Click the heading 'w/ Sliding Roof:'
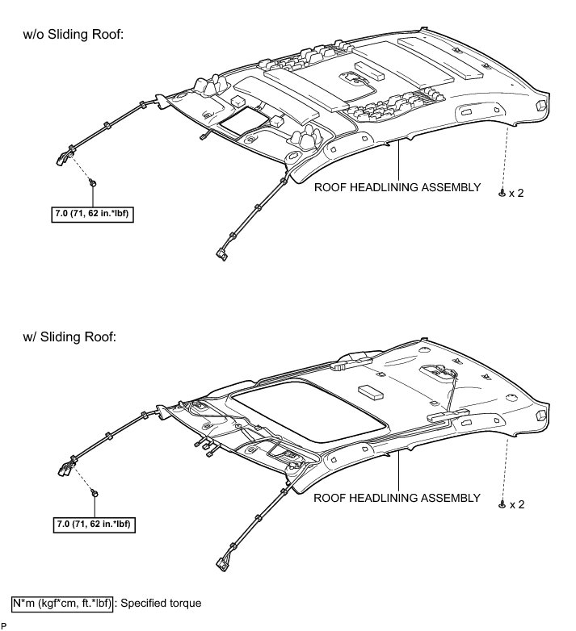coord(72,336)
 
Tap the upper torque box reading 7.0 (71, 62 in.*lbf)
coord(92,214)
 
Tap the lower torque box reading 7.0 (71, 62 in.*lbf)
coord(92,524)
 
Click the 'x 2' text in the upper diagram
coord(516,194)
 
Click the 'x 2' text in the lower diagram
coord(516,504)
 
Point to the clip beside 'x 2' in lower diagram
coord(502,504)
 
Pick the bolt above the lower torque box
coord(95,492)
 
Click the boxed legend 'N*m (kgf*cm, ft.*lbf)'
coord(62,603)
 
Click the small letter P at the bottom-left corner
coord(3,625)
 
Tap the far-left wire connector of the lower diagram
coord(63,470)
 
